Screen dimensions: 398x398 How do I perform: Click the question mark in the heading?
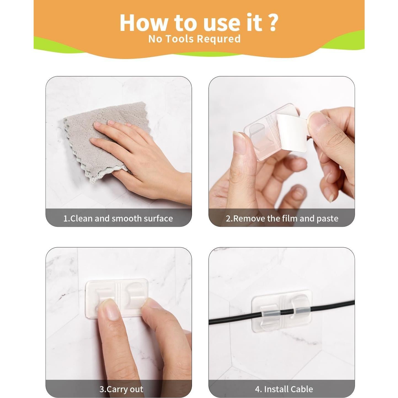pos(271,23)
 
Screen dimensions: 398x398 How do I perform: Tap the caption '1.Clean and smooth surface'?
pos(118,218)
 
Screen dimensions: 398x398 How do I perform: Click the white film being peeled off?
pos(291,132)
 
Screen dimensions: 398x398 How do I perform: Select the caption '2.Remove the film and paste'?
pos(282,218)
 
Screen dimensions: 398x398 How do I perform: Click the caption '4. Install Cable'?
pos(284,378)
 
